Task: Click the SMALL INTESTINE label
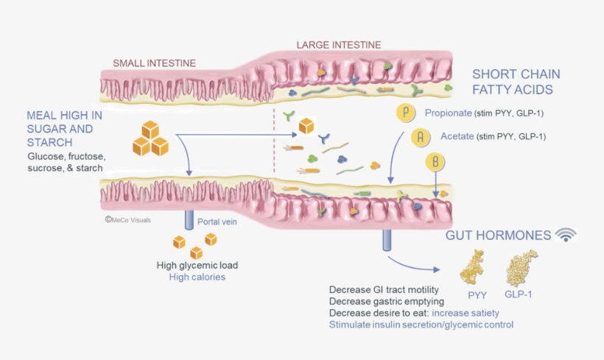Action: pos(154,63)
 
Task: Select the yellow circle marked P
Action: pos(405,113)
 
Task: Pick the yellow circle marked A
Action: pos(420,136)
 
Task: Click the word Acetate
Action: pos(457,136)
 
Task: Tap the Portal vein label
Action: pos(217,222)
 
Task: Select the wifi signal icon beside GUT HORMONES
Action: pos(566,235)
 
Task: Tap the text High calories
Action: pos(197,277)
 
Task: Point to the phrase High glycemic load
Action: pos(197,265)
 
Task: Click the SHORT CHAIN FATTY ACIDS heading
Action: pos(516,82)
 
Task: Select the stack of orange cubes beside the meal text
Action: pos(150,138)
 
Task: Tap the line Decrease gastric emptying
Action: pos(387,300)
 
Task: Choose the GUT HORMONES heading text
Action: pos(498,236)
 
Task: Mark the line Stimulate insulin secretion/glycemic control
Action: pos(421,324)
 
